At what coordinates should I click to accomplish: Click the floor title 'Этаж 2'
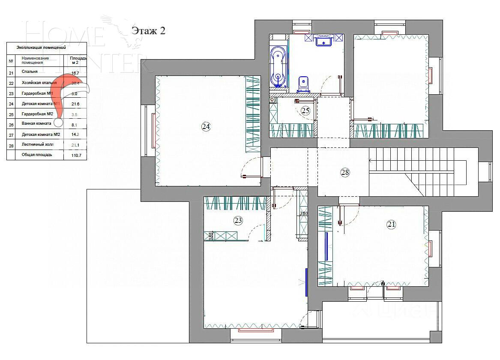[x=148, y=30]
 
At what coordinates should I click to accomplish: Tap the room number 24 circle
[x=206, y=126]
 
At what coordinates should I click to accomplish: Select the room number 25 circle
[x=305, y=111]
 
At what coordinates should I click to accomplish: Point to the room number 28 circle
[x=345, y=172]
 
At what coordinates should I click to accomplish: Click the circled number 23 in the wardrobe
[x=238, y=221]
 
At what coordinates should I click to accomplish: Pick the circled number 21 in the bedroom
[x=391, y=224]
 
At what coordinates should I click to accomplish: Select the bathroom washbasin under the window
[x=324, y=41]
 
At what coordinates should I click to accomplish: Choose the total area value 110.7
[x=76, y=156]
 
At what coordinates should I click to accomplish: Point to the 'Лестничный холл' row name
[x=38, y=145]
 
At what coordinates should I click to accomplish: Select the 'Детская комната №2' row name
[x=41, y=135]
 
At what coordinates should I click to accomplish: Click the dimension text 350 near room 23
[x=303, y=213]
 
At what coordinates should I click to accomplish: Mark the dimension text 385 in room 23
[x=210, y=235]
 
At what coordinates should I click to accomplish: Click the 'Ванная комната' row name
[x=36, y=124]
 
